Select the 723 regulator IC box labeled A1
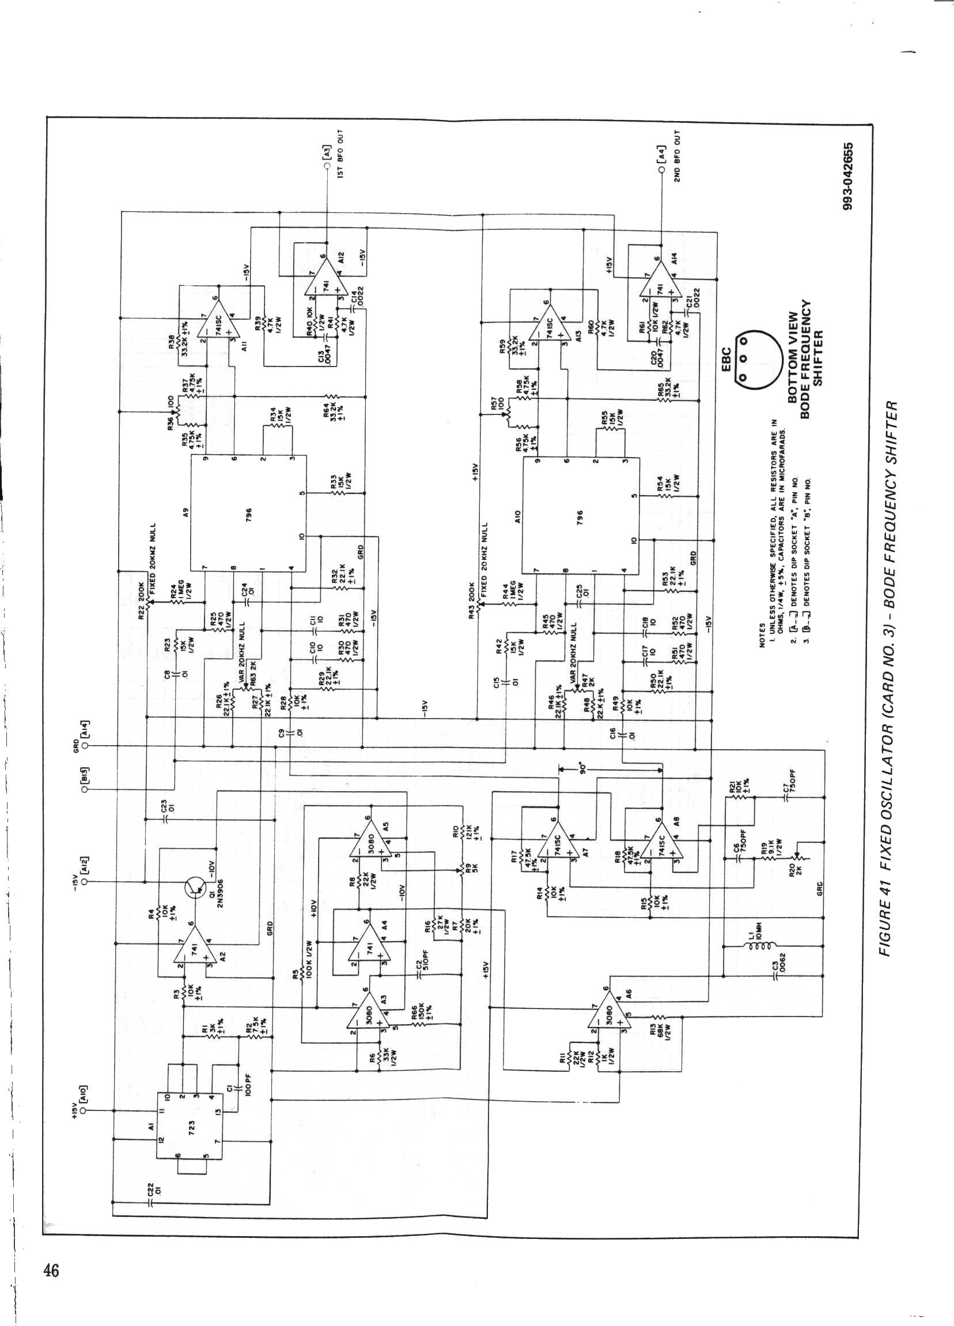190,1125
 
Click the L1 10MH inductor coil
755,943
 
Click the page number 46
51,1270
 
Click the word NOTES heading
761,632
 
